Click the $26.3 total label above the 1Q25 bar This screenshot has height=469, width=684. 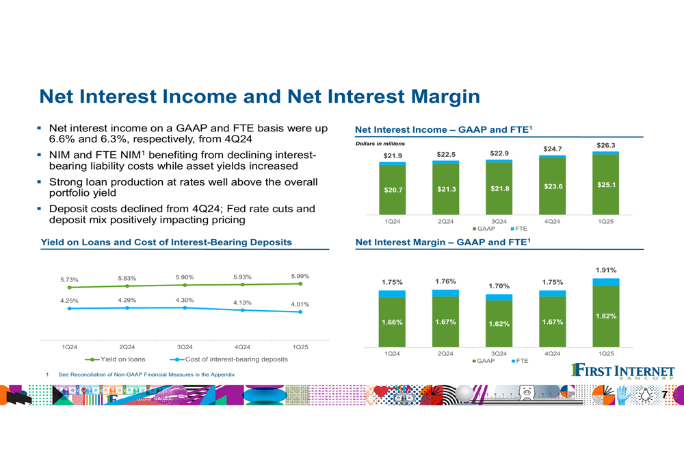pyautogui.click(x=606, y=145)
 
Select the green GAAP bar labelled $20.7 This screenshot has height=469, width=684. pyautogui.click(x=393, y=190)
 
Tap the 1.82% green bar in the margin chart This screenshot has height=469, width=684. pyautogui.click(x=606, y=316)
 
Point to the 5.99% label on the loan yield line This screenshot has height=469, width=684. pyautogui.click(x=300, y=276)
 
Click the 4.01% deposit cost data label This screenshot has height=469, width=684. pyautogui.click(x=300, y=305)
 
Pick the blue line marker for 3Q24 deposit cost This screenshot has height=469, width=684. pyautogui.click(x=185, y=308)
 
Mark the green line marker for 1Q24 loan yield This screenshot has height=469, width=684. pyautogui.click(x=69, y=288)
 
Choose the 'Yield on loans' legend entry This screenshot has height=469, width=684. pyautogui.click(x=115, y=359)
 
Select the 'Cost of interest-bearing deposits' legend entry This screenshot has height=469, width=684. pyautogui.click(x=228, y=359)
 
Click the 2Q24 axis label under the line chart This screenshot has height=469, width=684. pyautogui.click(x=127, y=347)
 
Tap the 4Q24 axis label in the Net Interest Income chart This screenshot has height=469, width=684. pyautogui.click(x=552, y=221)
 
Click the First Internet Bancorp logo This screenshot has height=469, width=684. pyautogui.click(x=623, y=371)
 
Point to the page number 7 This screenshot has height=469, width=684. pyautogui.click(x=664, y=395)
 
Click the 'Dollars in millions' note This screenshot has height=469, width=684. pyautogui.click(x=380, y=144)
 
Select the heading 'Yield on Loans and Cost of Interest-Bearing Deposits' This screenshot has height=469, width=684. pyautogui.click(x=166, y=242)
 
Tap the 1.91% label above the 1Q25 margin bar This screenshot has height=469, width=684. pyautogui.click(x=606, y=270)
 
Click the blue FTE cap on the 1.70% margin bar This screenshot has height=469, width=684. pyautogui.click(x=499, y=297)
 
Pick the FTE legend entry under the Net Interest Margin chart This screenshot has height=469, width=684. pyautogui.click(x=519, y=361)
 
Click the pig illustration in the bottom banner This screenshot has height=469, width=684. pyautogui.click(x=527, y=392)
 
